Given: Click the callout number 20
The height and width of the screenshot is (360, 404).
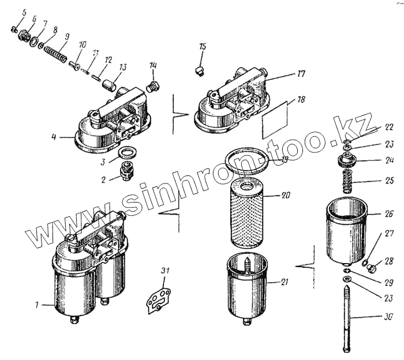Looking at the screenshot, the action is click(x=285, y=195).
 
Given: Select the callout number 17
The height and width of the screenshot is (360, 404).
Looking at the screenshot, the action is click(x=301, y=73).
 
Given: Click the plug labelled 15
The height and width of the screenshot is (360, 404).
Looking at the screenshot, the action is click(x=199, y=70).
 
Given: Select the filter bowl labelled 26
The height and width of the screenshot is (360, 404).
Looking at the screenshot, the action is click(x=346, y=228).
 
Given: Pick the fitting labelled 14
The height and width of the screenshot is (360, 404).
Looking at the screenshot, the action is click(x=153, y=88).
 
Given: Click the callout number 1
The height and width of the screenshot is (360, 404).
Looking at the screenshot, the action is click(x=36, y=305).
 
